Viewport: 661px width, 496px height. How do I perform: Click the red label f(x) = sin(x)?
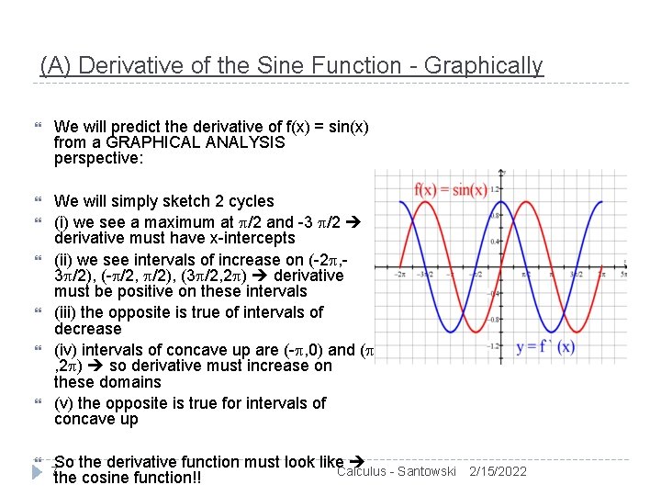coord(450,190)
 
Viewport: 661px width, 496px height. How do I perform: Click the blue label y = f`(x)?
coord(545,347)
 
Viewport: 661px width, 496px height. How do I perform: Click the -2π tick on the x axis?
coord(399,273)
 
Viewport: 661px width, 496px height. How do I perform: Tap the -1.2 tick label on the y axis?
coord(494,346)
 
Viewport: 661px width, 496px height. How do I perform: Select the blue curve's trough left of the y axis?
coord(450,332)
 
